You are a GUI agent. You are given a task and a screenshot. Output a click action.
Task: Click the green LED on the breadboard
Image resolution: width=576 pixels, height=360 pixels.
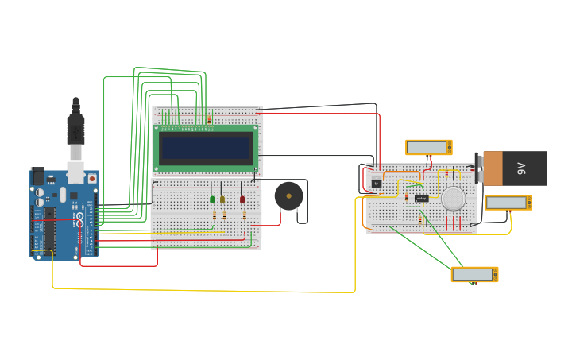point(212,199)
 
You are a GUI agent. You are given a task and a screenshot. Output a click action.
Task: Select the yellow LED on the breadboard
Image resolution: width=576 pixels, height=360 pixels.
point(222,199)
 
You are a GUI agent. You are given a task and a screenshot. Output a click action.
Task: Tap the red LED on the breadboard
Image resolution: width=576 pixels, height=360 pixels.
point(242,199)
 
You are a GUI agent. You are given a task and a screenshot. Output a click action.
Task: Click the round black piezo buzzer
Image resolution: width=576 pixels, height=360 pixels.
point(288,195)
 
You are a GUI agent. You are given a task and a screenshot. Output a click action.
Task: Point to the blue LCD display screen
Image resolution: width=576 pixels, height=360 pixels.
point(207,148)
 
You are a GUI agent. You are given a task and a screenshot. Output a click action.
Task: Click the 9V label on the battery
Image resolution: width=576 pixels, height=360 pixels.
point(522,168)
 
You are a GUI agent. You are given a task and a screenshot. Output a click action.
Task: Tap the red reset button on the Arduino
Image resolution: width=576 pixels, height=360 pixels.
point(92,179)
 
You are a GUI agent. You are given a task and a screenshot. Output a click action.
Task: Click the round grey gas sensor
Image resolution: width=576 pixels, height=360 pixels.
point(454,199)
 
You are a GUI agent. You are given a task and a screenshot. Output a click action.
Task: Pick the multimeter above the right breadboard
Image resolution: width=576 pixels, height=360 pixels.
point(428,147)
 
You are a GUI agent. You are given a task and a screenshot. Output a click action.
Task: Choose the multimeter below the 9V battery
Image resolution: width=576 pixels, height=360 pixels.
point(508,203)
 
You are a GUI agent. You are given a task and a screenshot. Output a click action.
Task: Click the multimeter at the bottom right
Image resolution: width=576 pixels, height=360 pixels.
point(474,274)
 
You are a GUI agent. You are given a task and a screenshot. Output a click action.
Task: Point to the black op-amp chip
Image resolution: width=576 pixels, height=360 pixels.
point(422,198)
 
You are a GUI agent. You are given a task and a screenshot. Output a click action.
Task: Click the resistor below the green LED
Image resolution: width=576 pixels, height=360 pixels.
point(214,215)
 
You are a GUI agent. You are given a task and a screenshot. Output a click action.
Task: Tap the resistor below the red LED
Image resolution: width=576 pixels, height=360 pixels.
point(244,215)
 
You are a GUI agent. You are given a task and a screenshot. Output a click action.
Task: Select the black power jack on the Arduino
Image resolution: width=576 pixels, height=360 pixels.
point(37,176)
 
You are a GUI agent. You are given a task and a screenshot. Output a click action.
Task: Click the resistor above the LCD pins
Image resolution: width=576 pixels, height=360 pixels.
point(209,120)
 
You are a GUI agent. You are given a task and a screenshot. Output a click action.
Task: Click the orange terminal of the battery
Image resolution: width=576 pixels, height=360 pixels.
point(493,168)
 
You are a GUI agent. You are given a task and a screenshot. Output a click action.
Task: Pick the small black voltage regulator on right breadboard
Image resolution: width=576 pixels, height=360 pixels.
point(377,184)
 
